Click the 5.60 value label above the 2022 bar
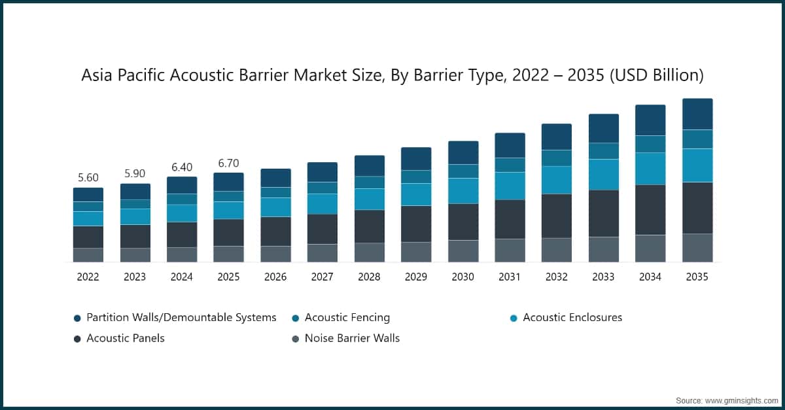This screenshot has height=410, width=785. (88, 178)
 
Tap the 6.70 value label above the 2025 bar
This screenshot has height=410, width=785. (228, 163)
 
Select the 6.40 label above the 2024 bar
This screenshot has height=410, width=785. (181, 167)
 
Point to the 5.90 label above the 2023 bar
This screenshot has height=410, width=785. (135, 174)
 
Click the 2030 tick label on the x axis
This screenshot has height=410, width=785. (462, 277)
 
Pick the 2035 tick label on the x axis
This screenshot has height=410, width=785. (697, 277)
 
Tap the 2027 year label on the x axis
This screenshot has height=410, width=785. (322, 277)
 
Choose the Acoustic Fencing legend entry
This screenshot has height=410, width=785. (347, 318)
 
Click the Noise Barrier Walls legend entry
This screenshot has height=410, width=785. (352, 338)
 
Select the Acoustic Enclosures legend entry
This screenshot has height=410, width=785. (572, 318)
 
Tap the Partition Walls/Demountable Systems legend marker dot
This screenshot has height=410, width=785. (77, 318)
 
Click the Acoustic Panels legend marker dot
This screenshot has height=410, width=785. (77, 339)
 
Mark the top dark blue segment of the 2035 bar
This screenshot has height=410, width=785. (697, 114)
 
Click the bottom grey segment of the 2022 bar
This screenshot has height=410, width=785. (88, 255)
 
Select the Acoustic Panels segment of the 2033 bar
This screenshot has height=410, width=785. (603, 213)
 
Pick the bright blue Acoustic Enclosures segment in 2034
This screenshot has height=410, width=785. (650, 169)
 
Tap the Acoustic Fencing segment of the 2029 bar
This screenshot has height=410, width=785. (416, 177)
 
